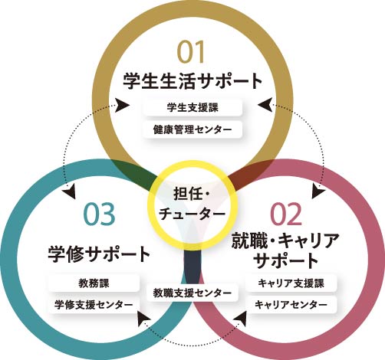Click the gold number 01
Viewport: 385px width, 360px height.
point(191,52)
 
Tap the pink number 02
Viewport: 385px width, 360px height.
point(286,214)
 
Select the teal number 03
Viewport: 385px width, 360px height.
point(100,214)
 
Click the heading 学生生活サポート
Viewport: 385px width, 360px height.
point(192,81)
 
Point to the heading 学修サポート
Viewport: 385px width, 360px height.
point(99,254)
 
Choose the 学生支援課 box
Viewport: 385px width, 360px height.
point(192,107)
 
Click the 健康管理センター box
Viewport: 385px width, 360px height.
point(192,129)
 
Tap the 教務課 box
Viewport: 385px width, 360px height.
point(94,283)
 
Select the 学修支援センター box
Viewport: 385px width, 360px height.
point(94,305)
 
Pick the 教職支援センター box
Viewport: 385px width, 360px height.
point(192,293)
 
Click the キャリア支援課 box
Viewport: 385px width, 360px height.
point(291,283)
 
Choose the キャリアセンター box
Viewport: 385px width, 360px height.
point(291,305)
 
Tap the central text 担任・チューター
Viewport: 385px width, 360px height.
point(192,204)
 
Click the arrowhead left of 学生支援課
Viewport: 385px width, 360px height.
point(122,105)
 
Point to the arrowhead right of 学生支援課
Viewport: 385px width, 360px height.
point(265,105)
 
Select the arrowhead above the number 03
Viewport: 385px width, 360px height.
point(71,192)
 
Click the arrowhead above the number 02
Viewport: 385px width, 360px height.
point(318,192)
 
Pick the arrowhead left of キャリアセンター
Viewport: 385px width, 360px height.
point(242,319)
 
